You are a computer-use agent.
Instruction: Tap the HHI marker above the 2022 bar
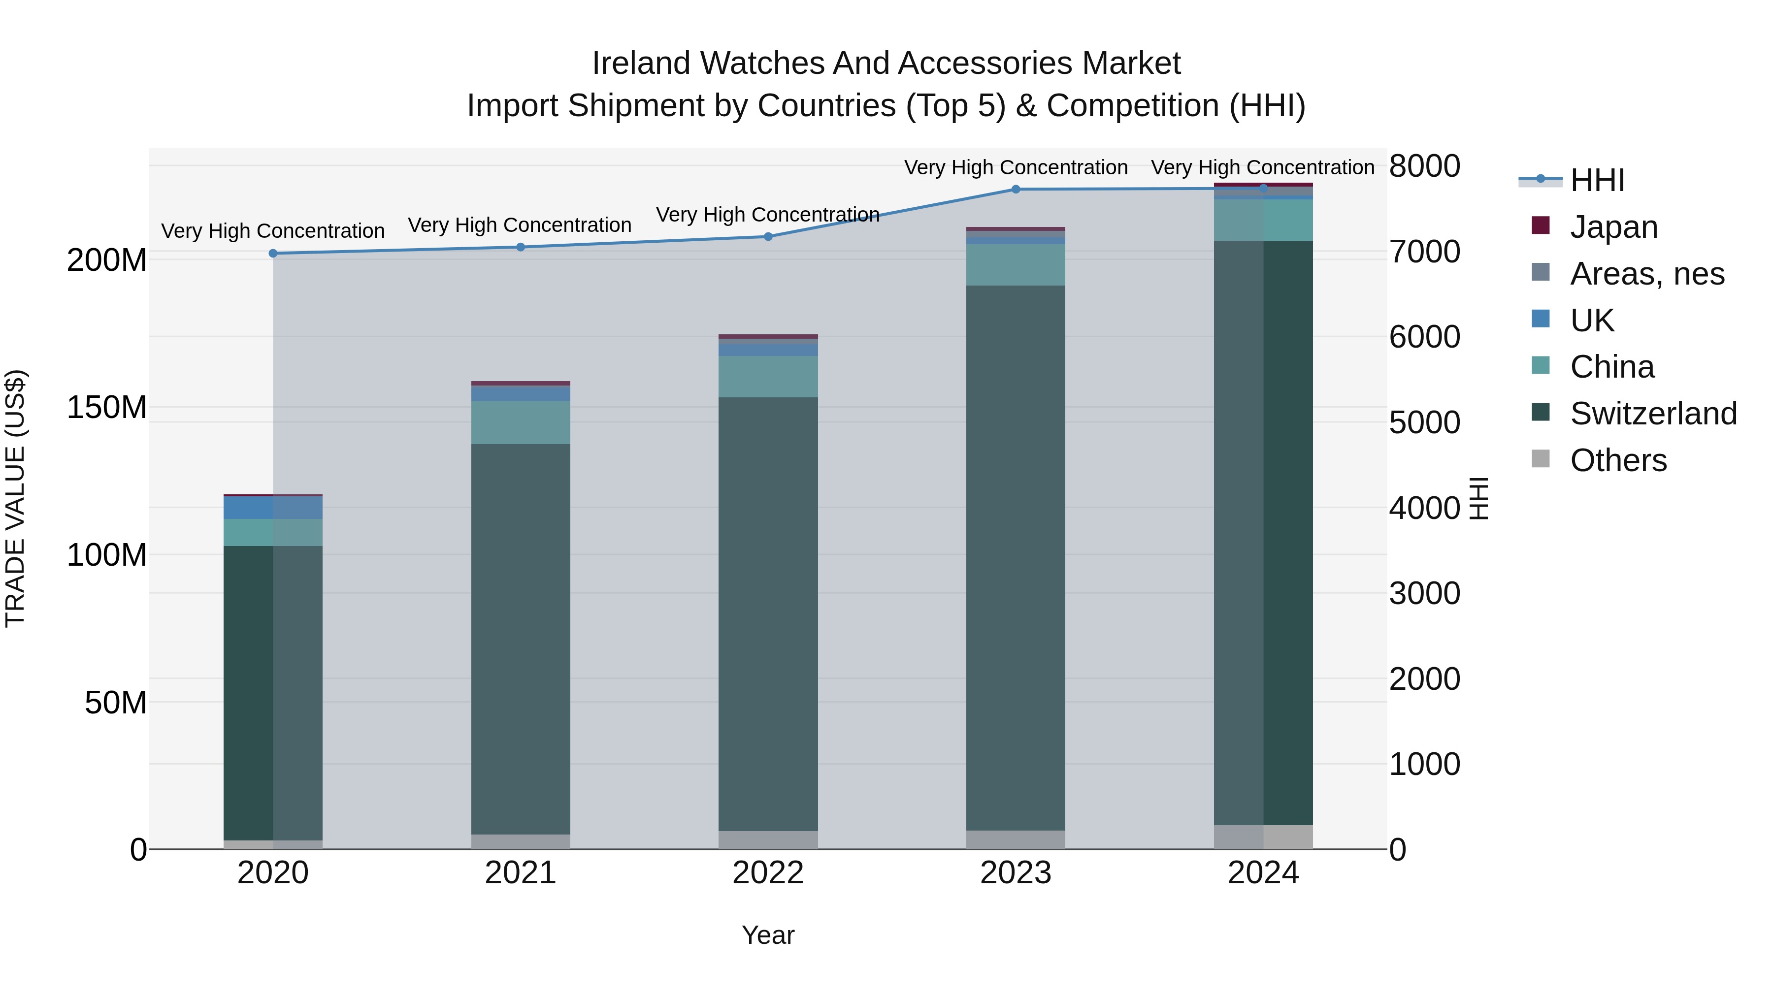pos(768,237)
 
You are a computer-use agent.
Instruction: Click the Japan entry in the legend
pos(1613,227)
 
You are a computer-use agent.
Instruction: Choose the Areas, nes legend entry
pos(1647,274)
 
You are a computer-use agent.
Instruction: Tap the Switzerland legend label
pos(1653,414)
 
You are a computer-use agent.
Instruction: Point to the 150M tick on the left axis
pos(107,407)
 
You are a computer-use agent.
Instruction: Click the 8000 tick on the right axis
pos(1424,166)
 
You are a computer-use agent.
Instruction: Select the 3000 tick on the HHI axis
pos(1424,593)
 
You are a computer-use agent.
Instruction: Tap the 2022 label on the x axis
pos(768,873)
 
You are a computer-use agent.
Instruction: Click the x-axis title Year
pos(768,935)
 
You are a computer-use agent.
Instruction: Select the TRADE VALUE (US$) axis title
pos(15,498)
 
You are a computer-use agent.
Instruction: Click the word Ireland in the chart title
pos(641,64)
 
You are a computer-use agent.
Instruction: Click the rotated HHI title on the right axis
pos(1478,498)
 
